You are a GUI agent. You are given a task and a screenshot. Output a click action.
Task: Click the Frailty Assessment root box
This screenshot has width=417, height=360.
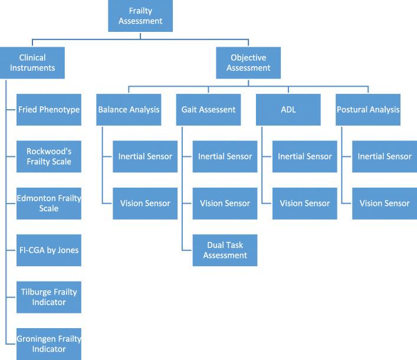tap(140, 16)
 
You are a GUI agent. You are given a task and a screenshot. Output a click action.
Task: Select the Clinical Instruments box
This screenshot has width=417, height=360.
tap(32, 63)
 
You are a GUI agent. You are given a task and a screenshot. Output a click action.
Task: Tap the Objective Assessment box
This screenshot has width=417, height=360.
tap(248, 63)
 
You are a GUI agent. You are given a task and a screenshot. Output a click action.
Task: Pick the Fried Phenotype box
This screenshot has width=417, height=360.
tap(48, 109)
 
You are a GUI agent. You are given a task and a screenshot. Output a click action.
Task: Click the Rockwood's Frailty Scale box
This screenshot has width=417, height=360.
tap(48, 156)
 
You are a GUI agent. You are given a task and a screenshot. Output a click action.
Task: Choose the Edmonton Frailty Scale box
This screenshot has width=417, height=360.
tap(48, 203)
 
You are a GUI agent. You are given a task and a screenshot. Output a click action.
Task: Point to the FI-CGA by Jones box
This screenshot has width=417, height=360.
tap(48, 250)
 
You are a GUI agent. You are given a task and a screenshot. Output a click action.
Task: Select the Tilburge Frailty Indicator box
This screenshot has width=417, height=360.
tap(48, 297)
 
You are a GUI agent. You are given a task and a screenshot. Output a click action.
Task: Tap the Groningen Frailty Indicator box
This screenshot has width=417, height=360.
tap(48, 343)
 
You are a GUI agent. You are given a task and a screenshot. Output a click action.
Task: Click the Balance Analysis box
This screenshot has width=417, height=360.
tap(129, 109)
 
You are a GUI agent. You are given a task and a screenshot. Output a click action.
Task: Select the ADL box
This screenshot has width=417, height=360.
tap(288, 109)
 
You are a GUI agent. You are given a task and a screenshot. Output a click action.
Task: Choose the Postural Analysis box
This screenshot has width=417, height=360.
tap(367, 109)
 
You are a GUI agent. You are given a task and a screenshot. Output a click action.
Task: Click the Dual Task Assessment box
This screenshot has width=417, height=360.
tap(225, 250)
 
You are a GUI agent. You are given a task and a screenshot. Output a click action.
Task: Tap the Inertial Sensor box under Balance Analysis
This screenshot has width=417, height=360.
tap(145, 156)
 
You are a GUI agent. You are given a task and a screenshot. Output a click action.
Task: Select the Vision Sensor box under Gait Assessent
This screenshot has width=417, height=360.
tap(225, 203)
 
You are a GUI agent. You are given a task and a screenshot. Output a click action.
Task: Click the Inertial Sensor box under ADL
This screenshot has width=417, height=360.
tap(304, 156)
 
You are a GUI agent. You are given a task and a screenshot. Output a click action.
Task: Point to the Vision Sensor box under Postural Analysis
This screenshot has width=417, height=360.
tap(384, 203)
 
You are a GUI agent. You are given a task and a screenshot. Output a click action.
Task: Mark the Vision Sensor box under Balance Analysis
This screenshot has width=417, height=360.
tap(145, 203)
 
